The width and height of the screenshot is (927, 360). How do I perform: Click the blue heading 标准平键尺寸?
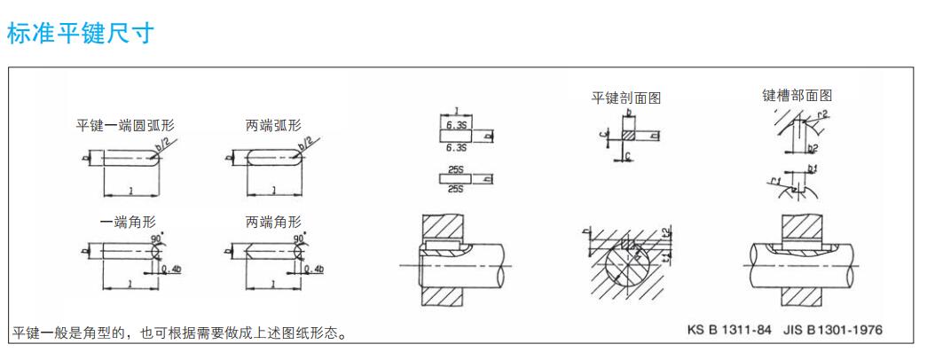pos(82,35)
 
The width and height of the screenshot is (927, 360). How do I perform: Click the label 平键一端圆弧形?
pos(124,125)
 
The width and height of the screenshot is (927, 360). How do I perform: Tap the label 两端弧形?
pos(272,125)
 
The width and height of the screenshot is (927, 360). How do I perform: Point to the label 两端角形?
pos(272,222)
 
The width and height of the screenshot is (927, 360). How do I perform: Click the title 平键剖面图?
pos(627,97)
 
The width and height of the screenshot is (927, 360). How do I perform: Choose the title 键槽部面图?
pos(797,95)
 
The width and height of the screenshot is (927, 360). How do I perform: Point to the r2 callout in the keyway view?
pos(822,114)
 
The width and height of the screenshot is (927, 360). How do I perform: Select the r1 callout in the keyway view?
pos(774,181)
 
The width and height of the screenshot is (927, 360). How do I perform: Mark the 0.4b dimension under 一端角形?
pos(170,269)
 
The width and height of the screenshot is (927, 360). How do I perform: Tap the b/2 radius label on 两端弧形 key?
pos(307,142)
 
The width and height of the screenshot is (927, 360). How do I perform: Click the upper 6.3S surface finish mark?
pos(455,126)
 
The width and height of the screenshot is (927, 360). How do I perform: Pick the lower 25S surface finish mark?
pos(455,189)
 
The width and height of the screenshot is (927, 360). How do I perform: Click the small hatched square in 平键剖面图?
pos(629,137)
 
